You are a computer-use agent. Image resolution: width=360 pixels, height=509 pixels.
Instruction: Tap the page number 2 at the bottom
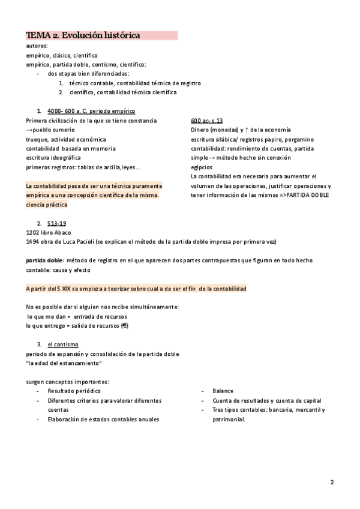[x=332, y=482]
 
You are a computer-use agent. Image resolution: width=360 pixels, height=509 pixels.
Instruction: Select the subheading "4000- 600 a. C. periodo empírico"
[x=91, y=111]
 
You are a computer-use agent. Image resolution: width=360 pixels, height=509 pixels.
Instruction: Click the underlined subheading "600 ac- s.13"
[x=207, y=121]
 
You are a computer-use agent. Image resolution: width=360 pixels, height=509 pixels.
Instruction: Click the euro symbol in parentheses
[x=124, y=326]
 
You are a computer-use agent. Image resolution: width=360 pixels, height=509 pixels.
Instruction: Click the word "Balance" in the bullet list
[x=223, y=391]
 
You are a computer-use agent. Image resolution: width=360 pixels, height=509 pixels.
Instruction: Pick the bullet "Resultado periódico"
[x=74, y=391]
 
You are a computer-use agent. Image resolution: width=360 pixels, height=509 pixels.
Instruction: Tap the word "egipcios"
[x=201, y=167]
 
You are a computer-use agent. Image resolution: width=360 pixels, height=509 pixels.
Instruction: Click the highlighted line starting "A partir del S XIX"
[x=136, y=289]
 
